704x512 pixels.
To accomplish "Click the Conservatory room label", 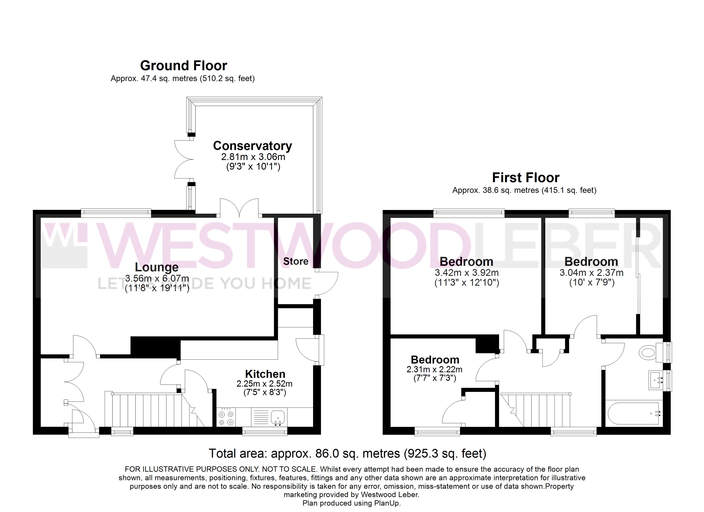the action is click(252, 146).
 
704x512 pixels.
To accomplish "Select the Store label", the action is click(295, 261).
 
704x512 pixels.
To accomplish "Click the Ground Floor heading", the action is click(183, 65).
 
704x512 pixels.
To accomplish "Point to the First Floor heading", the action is click(526, 178).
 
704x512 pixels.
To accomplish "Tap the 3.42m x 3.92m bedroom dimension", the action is click(467, 273).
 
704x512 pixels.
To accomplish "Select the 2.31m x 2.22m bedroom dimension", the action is click(435, 369).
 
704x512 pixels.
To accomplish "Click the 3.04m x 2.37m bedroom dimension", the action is click(591, 273).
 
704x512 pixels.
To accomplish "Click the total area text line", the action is click(347, 454).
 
